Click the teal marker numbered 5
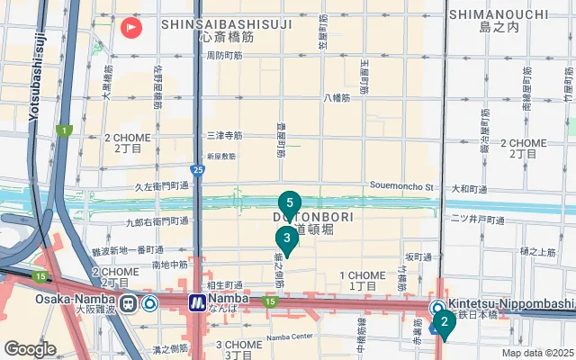coord(289,202)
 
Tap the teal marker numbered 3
coord(286,238)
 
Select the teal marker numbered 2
coord(444,321)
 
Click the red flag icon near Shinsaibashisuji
coord(131,27)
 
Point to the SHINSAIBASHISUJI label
coord(226,25)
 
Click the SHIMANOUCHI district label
coord(510,14)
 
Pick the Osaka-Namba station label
coord(75,299)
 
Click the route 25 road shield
coord(198,168)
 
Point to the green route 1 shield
coord(64,130)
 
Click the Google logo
coord(30,348)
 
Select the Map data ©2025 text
coord(537,353)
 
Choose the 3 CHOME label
coord(238,344)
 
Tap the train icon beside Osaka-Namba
coord(129,303)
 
